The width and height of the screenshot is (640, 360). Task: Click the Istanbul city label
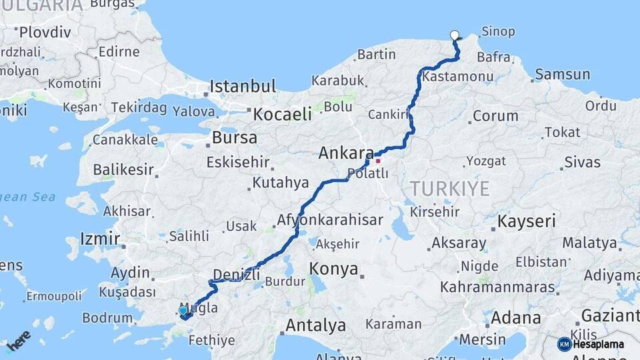(x=242, y=86)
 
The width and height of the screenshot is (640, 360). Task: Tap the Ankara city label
(x=345, y=153)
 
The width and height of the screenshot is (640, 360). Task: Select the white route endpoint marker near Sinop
(x=455, y=35)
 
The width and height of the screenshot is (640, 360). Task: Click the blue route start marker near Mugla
(x=183, y=310)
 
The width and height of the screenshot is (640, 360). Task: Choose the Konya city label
(x=334, y=269)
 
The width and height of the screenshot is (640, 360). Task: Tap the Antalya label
(x=315, y=326)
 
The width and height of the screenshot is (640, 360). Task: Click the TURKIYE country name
(x=450, y=189)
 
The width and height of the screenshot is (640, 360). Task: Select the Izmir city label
(x=100, y=239)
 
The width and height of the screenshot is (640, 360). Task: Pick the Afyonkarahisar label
(x=330, y=220)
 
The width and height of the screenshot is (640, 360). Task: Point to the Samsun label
(x=562, y=75)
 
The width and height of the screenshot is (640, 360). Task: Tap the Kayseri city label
(x=527, y=221)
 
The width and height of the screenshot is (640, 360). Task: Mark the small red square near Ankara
(x=378, y=161)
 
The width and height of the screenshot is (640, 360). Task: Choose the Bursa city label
(x=234, y=138)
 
